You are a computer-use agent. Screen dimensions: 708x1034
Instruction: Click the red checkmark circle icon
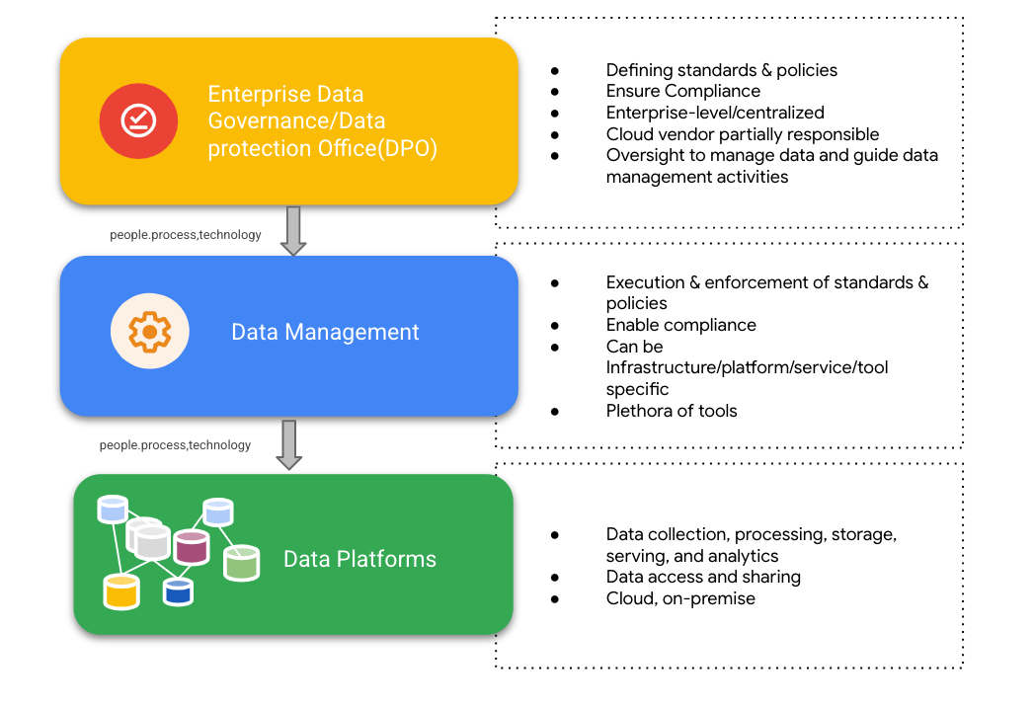[x=138, y=120]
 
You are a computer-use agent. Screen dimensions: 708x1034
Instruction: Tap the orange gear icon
[x=149, y=333]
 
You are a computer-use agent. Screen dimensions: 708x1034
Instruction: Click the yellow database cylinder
[x=121, y=591]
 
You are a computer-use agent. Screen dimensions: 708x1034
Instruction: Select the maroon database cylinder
[x=191, y=546]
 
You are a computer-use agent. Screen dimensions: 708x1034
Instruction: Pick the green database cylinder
[x=241, y=563]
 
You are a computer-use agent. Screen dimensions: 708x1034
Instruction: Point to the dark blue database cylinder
[x=178, y=591]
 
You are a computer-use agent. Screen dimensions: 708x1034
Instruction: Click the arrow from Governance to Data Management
[x=292, y=230]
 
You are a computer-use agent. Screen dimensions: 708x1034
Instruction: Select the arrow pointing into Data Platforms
[x=288, y=444]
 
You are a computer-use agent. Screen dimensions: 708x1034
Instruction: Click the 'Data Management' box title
[x=325, y=333]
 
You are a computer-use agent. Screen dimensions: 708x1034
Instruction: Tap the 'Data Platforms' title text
[x=359, y=559]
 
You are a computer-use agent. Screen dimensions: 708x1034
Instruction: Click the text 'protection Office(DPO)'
[x=322, y=148]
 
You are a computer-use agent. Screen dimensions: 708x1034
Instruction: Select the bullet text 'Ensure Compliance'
[x=682, y=92]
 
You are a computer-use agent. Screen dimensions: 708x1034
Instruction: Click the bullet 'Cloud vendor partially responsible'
[x=742, y=134]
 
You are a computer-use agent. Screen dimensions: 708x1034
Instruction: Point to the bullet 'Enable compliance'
[x=680, y=325]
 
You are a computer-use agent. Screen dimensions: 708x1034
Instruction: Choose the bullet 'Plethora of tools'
[x=672, y=411]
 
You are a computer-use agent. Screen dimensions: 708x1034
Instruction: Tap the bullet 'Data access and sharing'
[x=703, y=577]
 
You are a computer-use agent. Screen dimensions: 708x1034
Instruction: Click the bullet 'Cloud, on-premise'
[x=680, y=598]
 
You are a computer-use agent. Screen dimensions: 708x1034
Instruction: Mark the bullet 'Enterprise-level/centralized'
[x=715, y=113]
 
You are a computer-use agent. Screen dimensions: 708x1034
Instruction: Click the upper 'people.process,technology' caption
[x=186, y=235]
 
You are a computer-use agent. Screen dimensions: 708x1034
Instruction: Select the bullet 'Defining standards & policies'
[x=721, y=70]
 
